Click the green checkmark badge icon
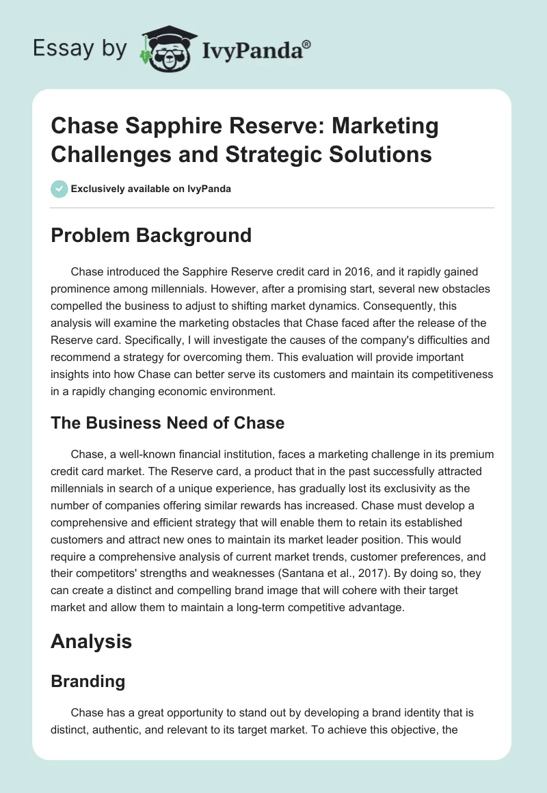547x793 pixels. [60, 189]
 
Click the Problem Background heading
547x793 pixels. [152, 236]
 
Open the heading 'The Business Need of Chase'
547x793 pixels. [168, 423]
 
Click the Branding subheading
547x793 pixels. [88, 682]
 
